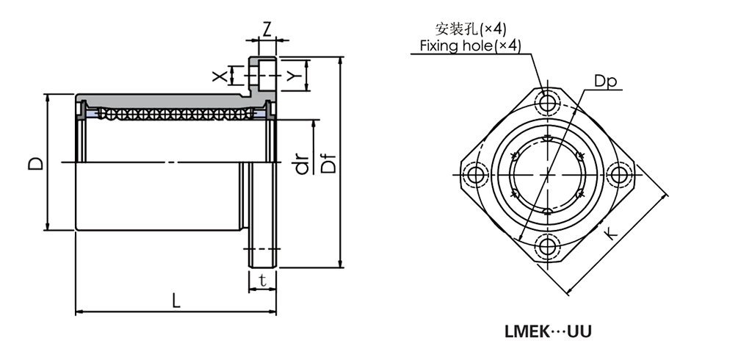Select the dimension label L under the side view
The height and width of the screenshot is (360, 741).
(175, 300)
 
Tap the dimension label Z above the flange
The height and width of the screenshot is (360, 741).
(267, 29)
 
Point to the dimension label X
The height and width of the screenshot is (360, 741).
(218, 75)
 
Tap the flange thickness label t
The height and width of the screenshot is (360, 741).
(262, 280)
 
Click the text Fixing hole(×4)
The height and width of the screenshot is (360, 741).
(470, 46)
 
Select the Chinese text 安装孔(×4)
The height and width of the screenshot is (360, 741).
(471, 29)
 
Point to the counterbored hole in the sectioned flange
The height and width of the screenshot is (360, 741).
(265, 75)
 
